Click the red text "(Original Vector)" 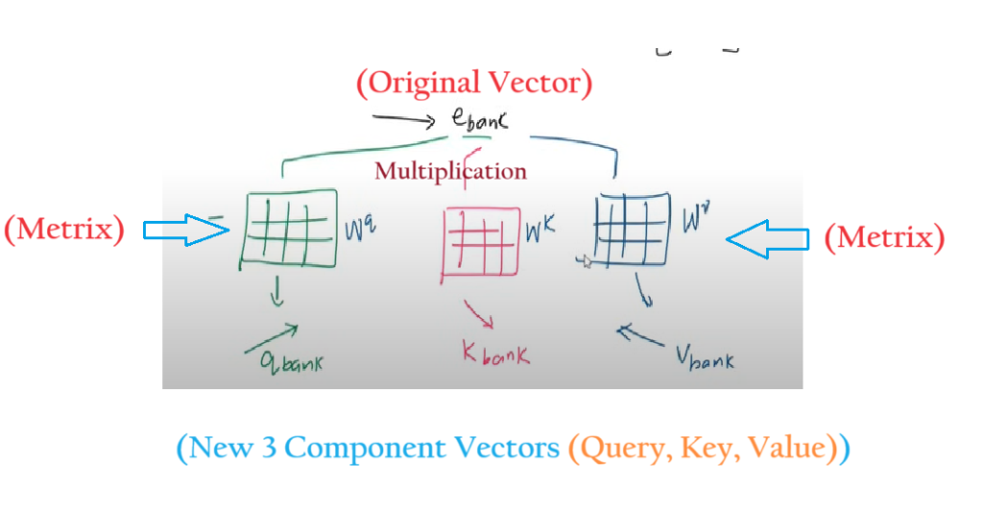pos(474,84)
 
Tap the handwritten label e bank pos(478,122)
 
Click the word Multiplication pos(450,172)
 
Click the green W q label pos(357,230)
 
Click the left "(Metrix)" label pos(64,231)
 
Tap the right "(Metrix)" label pos(884,237)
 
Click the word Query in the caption pos(616,449)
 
